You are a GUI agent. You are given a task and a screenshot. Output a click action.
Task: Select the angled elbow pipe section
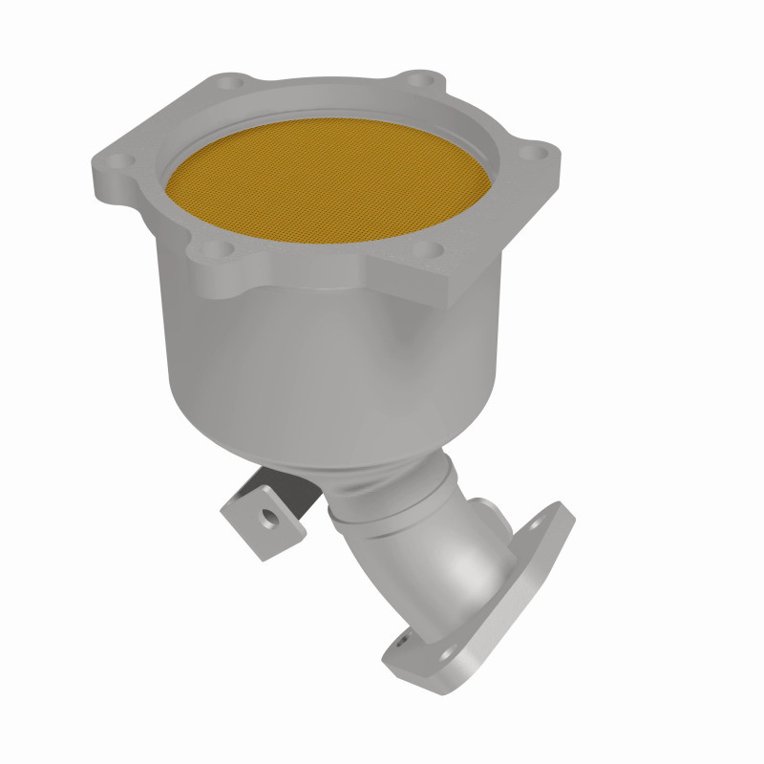click(x=449, y=554)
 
